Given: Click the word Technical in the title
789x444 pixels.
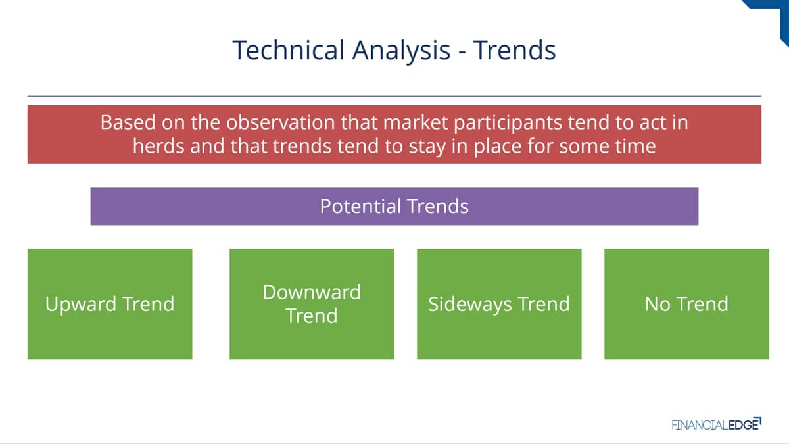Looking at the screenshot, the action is click(288, 50).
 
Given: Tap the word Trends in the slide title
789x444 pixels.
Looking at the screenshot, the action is click(514, 50).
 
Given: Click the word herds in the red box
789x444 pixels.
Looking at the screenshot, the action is click(158, 145).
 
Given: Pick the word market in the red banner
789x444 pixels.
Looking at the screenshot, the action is click(416, 122).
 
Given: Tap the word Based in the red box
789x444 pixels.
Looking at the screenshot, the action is click(128, 122).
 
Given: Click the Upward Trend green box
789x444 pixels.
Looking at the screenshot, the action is click(110, 304).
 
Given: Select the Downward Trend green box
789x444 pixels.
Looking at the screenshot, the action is click(312, 304).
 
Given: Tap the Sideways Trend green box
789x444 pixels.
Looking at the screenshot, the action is click(499, 304).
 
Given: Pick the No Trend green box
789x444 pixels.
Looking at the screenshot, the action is click(686, 304).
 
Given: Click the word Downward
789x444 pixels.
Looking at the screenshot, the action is click(312, 292).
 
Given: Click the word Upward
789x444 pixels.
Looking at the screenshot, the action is click(80, 305).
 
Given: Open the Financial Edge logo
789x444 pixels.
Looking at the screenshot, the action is click(717, 424).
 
